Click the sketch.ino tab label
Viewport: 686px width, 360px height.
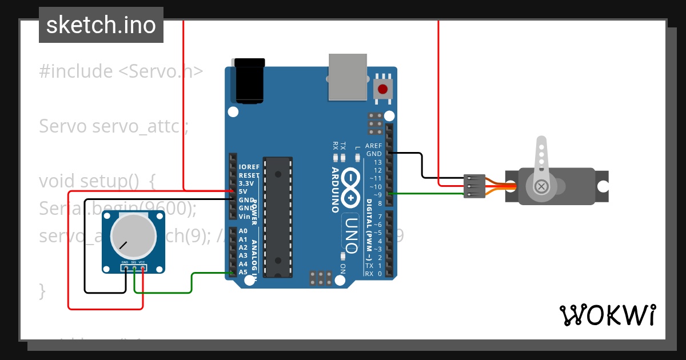point(101,25)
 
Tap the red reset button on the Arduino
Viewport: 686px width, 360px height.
point(382,89)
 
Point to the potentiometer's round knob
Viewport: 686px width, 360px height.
point(133,235)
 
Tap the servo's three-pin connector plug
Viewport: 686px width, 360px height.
point(475,186)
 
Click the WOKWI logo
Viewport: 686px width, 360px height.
point(607,315)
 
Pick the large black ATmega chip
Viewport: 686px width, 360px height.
point(278,217)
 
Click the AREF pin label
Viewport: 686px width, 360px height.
point(373,146)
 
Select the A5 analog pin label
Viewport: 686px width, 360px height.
point(243,273)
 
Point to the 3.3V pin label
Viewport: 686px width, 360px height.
point(246,183)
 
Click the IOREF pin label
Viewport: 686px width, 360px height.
point(249,167)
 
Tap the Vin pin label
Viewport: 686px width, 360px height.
point(244,217)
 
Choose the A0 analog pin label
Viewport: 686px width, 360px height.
point(243,231)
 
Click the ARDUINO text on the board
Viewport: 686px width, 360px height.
point(336,190)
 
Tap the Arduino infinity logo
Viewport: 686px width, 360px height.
point(350,188)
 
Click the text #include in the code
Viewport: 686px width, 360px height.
point(76,71)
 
